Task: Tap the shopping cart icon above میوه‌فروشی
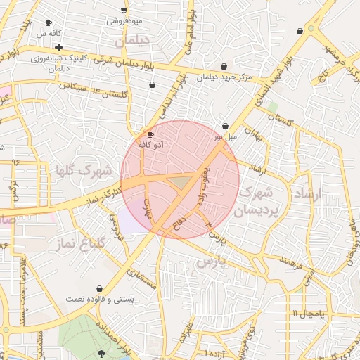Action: click(124, 11)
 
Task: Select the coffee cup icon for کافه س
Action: click(49, 23)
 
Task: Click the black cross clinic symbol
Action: click(59, 46)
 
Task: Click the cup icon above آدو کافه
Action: click(150, 134)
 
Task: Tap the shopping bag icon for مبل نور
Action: click(225, 126)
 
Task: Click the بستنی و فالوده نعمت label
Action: click(100, 299)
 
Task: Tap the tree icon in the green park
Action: click(104, 354)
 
